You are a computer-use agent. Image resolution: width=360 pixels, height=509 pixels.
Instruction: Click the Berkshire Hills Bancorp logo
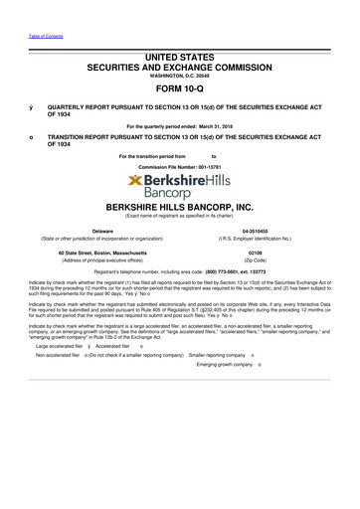click(179, 186)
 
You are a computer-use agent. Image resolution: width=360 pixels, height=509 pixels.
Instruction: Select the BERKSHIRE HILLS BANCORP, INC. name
click(180, 208)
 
